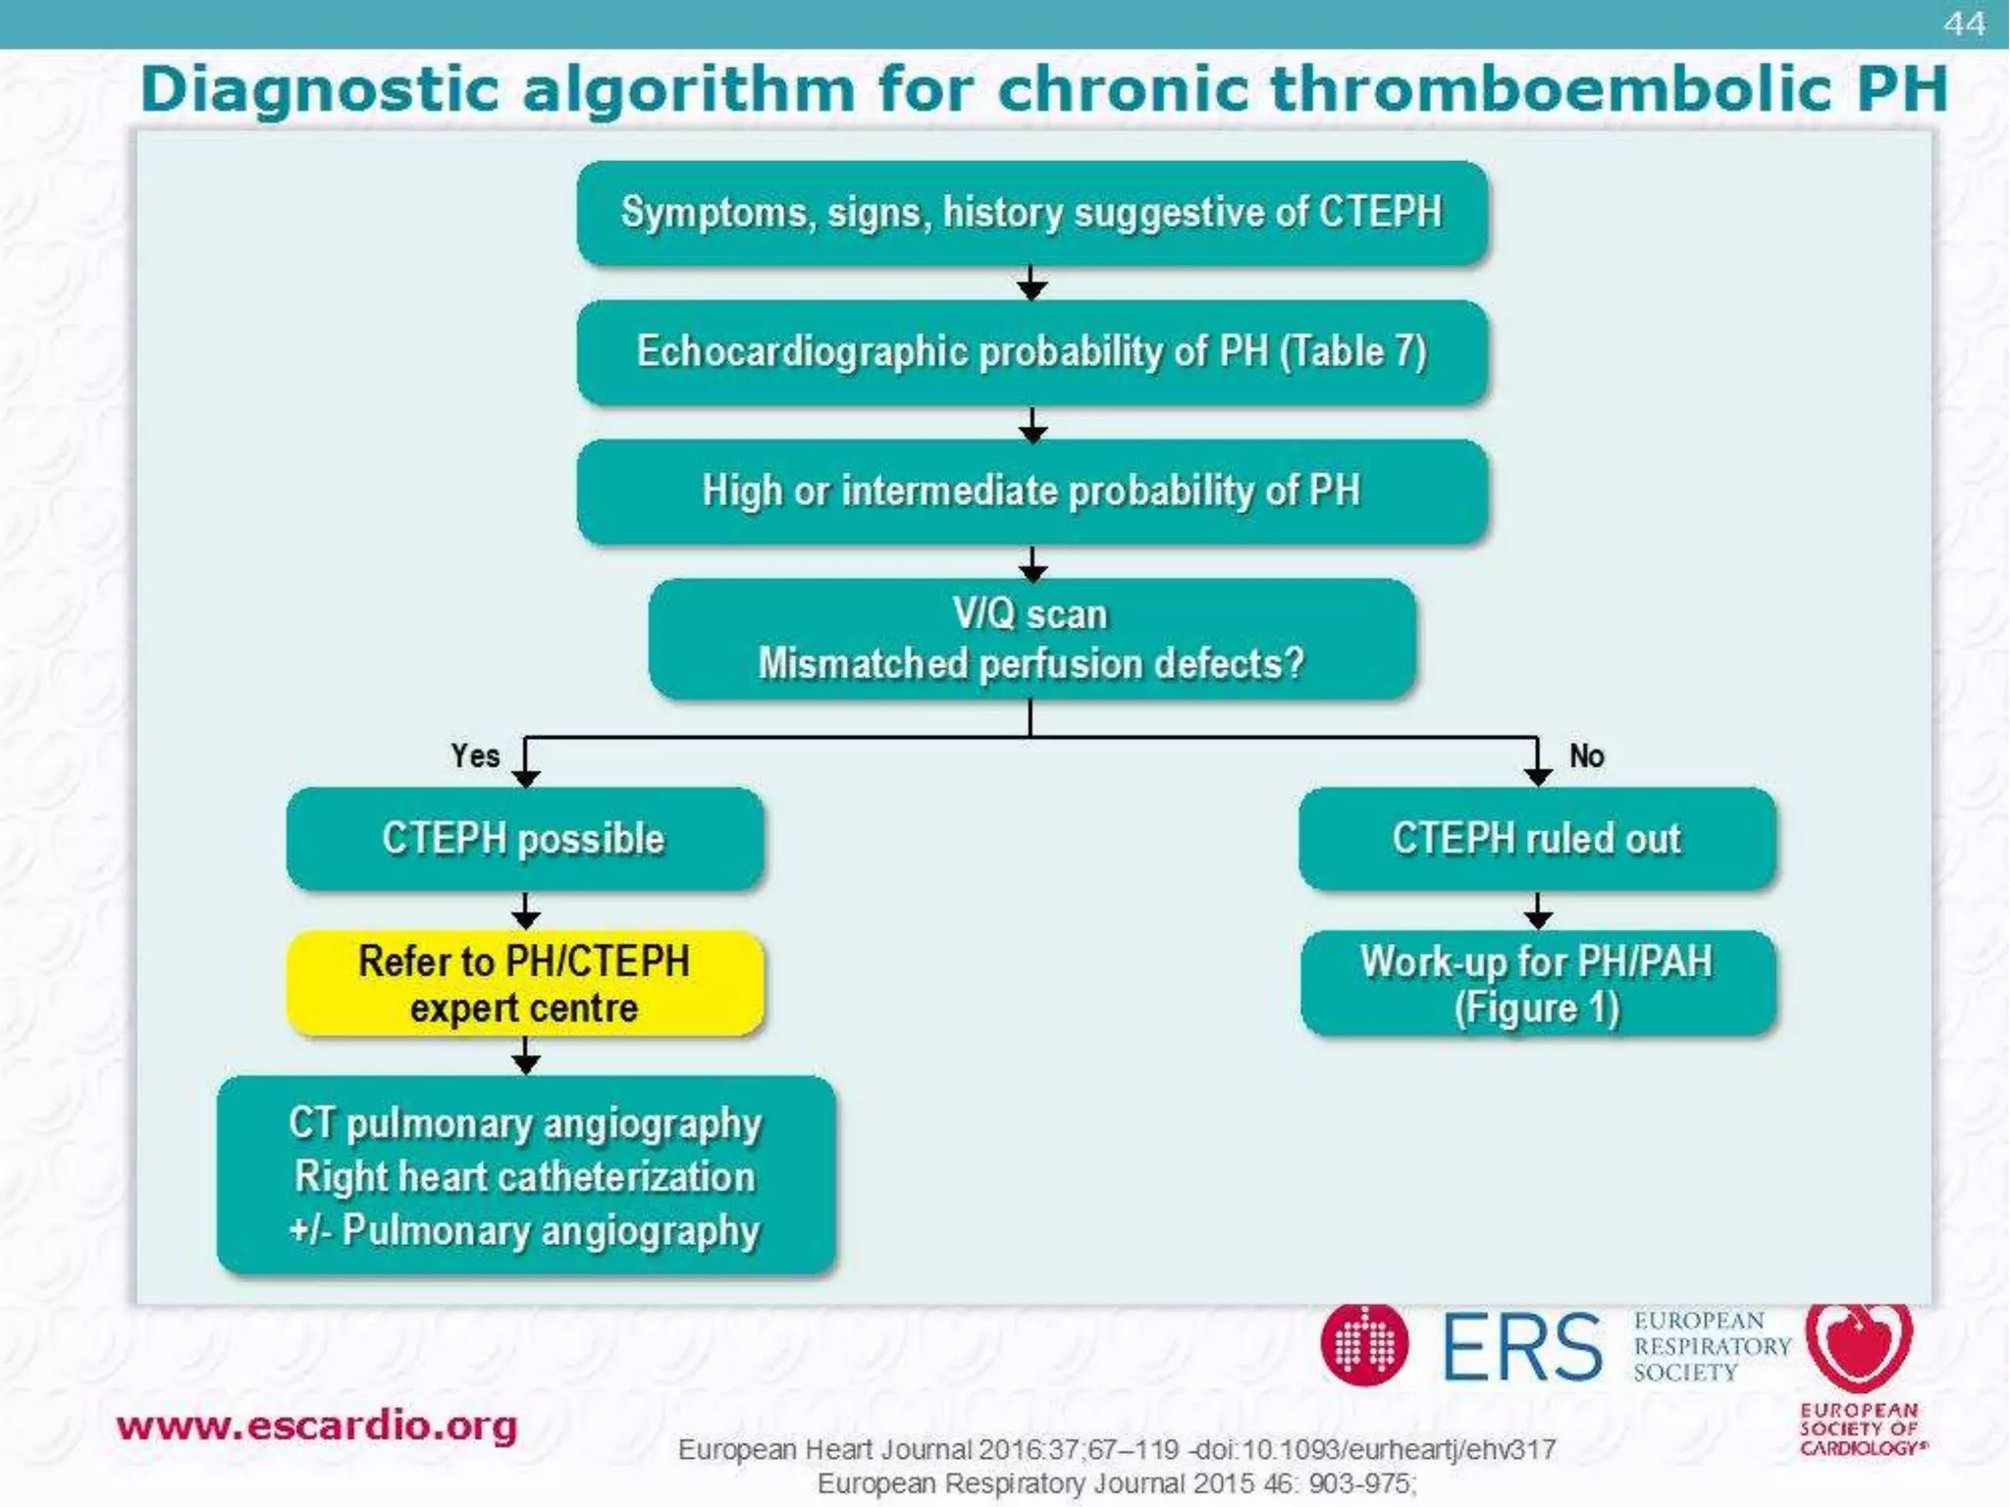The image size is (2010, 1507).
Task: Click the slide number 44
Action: (1964, 24)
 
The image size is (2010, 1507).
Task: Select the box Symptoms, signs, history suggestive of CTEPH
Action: (1031, 213)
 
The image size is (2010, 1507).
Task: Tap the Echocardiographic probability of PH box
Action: (1031, 352)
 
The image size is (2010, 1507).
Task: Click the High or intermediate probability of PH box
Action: (1031, 492)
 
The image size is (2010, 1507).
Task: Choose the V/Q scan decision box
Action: (1031, 639)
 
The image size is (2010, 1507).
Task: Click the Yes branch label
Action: (475, 755)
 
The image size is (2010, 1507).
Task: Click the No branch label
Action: (1586, 755)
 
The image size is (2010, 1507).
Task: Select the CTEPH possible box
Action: (524, 839)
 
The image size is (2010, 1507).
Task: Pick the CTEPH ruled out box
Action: (1537, 839)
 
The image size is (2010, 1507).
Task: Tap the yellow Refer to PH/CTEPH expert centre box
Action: (524, 984)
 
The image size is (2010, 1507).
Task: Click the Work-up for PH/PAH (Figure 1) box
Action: (1537, 984)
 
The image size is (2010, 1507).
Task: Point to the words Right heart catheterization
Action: (524, 1176)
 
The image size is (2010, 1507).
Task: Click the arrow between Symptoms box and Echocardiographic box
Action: (1031, 284)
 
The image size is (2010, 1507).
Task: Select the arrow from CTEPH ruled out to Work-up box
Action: (1537, 911)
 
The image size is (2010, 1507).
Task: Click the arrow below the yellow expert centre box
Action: (526, 1057)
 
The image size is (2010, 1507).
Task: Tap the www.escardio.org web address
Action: (316, 1426)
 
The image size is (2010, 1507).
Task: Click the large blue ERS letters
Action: (1521, 1347)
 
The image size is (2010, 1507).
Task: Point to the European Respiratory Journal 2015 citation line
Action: (1117, 1483)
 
